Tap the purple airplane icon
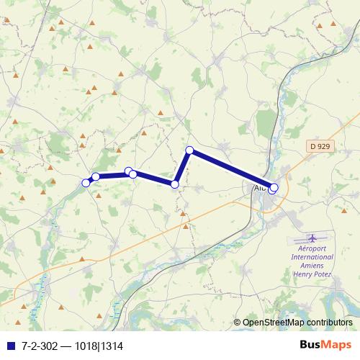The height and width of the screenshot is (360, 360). [x=312, y=238]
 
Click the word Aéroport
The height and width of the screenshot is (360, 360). [x=312, y=248]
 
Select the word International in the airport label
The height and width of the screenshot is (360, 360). [x=312, y=256]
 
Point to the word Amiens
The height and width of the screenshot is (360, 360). [x=312, y=265]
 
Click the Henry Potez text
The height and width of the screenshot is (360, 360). [x=312, y=274]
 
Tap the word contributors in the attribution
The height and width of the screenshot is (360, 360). [x=331, y=323]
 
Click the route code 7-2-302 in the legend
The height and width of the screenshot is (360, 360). [x=39, y=346]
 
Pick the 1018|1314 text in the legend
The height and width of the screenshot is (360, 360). [x=107, y=346]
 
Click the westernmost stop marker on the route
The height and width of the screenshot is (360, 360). [x=86, y=183]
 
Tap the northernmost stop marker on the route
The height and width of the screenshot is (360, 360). [x=190, y=150]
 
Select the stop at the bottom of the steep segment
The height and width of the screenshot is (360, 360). [x=175, y=184]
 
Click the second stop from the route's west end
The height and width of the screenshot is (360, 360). [x=96, y=176]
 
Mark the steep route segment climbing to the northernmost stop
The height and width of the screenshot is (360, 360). [x=183, y=167]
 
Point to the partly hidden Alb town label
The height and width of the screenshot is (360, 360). [x=258, y=187]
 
